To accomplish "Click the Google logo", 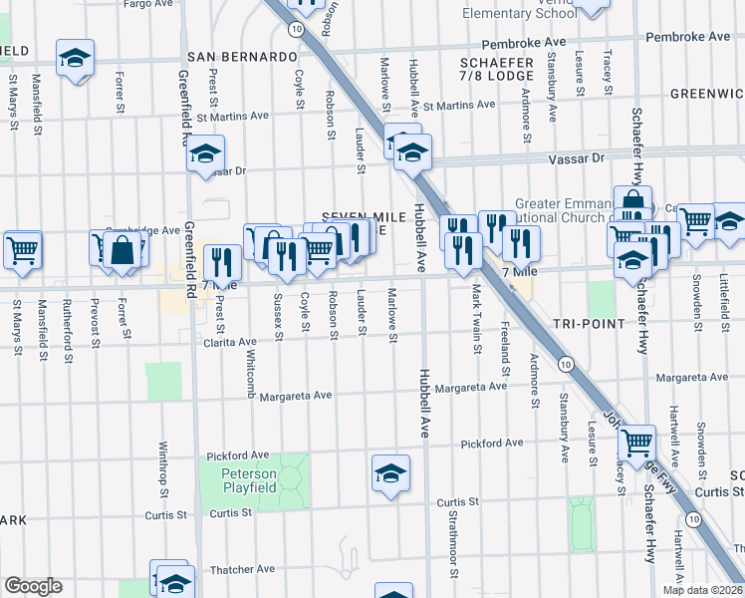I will pyautogui.click(x=33, y=586).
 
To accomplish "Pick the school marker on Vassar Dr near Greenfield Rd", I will pyautogui.click(x=206, y=153).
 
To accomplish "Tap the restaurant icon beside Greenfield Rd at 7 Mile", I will pyautogui.click(x=222, y=262).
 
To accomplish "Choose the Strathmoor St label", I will pyautogui.click(x=452, y=543).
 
